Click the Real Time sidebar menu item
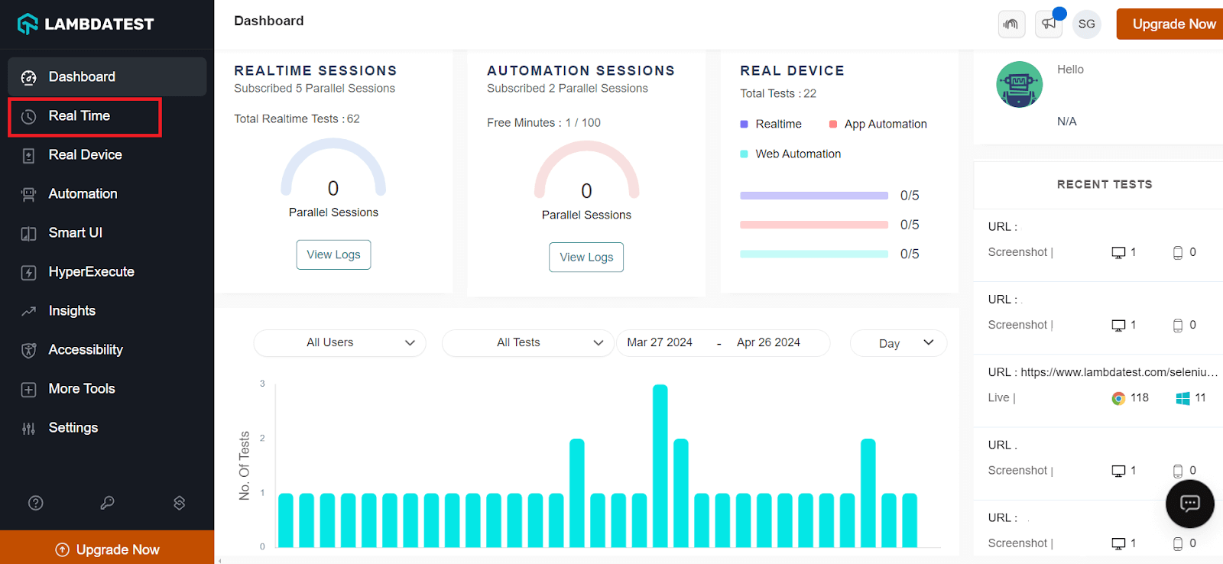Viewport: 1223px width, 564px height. click(x=79, y=116)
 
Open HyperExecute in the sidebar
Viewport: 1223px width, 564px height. click(x=91, y=272)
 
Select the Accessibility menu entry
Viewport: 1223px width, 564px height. click(x=85, y=350)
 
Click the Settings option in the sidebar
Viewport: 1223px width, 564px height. click(x=73, y=428)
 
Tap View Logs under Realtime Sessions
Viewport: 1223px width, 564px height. click(x=333, y=254)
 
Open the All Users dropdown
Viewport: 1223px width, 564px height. click(x=339, y=342)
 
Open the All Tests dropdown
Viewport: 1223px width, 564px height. click(x=527, y=342)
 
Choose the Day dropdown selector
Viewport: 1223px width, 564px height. click(x=898, y=343)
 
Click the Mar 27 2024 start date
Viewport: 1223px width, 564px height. click(x=660, y=342)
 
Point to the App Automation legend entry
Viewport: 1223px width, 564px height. click(x=884, y=124)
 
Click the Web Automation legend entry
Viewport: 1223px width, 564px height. click(x=797, y=154)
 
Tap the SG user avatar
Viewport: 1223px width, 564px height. click(x=1086, y=24)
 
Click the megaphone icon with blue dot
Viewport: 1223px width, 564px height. click(x=1048, y=24)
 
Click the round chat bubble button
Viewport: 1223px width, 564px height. click(x=1189, y=504)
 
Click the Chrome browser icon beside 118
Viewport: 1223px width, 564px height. click(x=1118, y=398)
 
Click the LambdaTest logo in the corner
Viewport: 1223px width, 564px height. click(x=86, y=24)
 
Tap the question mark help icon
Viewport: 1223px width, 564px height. click(x=36, y=503)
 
